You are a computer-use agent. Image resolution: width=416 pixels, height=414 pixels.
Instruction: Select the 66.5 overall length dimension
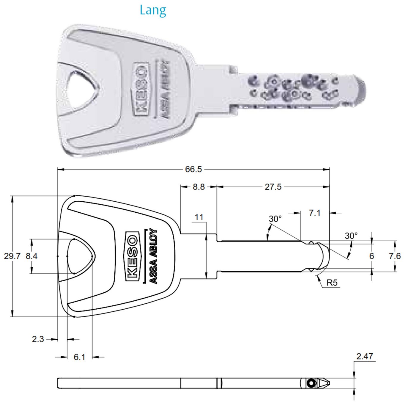tap(193, 169)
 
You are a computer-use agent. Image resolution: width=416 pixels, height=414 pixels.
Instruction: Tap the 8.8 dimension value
tap(198, 187)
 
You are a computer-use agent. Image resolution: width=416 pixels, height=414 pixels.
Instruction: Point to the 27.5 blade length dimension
tap(273, 187)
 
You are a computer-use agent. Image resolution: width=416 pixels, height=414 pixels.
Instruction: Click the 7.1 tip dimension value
tap(315, 213)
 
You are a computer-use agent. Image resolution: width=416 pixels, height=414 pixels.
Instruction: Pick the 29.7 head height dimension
tap(12, 256)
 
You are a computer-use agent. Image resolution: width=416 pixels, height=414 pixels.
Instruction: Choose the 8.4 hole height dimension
tap(31, 256)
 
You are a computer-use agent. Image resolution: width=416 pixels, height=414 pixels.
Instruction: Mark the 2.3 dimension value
tap(38, 339)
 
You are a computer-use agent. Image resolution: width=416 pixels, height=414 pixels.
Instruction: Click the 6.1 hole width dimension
tap(79, 357)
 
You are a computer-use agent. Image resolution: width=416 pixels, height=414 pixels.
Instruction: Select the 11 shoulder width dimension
tap(199, 217)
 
